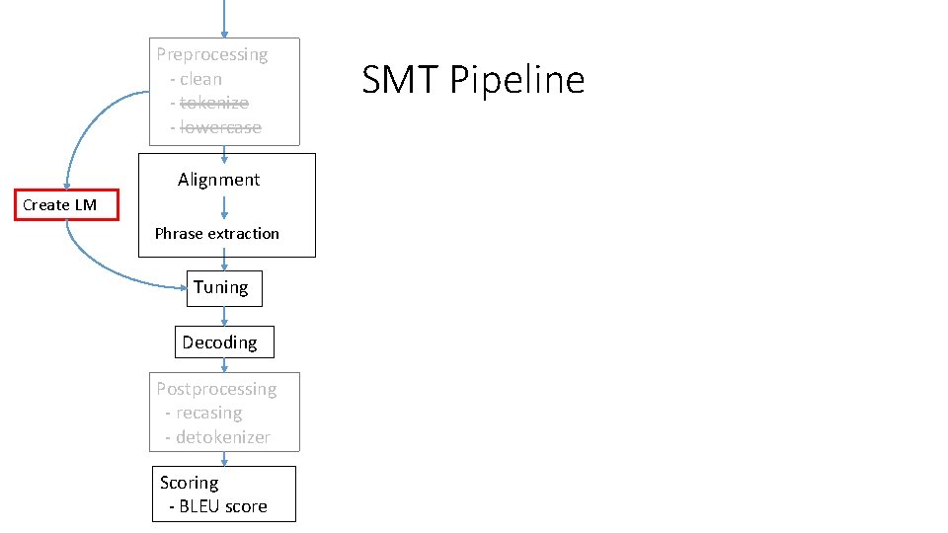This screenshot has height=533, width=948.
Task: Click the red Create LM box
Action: (66, 205)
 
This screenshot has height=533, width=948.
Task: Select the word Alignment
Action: (219, 180)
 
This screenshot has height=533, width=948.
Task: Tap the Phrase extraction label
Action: (217, 233)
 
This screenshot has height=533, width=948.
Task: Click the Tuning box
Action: (224, 288)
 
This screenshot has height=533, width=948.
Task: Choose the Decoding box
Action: (224, 343)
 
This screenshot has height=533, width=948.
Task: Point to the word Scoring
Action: (190, 483)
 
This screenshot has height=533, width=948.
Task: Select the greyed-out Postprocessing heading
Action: (216, 389)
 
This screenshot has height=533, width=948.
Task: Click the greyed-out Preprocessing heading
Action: (212, 54)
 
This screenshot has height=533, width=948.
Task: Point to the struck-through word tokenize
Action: (214, 104)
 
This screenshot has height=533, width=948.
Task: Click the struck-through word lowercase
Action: (220, 127)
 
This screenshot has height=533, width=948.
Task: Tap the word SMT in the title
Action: (400, 79)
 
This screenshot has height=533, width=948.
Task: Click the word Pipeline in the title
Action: (517, 80)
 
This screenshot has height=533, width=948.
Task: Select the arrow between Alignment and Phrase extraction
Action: (224, 207)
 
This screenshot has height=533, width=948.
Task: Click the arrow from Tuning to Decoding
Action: (224, 317)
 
